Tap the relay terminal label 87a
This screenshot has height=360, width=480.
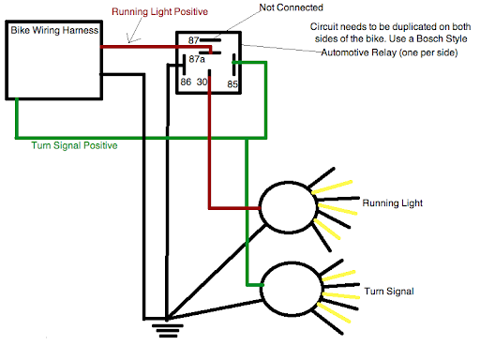pyautogui.click(x=196, y=59)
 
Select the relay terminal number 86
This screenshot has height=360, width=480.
pyautogui.click(x=186, y=82)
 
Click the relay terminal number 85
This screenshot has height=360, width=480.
pyautogui.click(x=232, y=82)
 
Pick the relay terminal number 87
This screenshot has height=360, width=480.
pyautogui.click(x=195, y=41)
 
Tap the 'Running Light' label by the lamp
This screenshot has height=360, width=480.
pyautogui.click(x=391, y=202)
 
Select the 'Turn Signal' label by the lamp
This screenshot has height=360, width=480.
pyautogui.click(x=385, y=292)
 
